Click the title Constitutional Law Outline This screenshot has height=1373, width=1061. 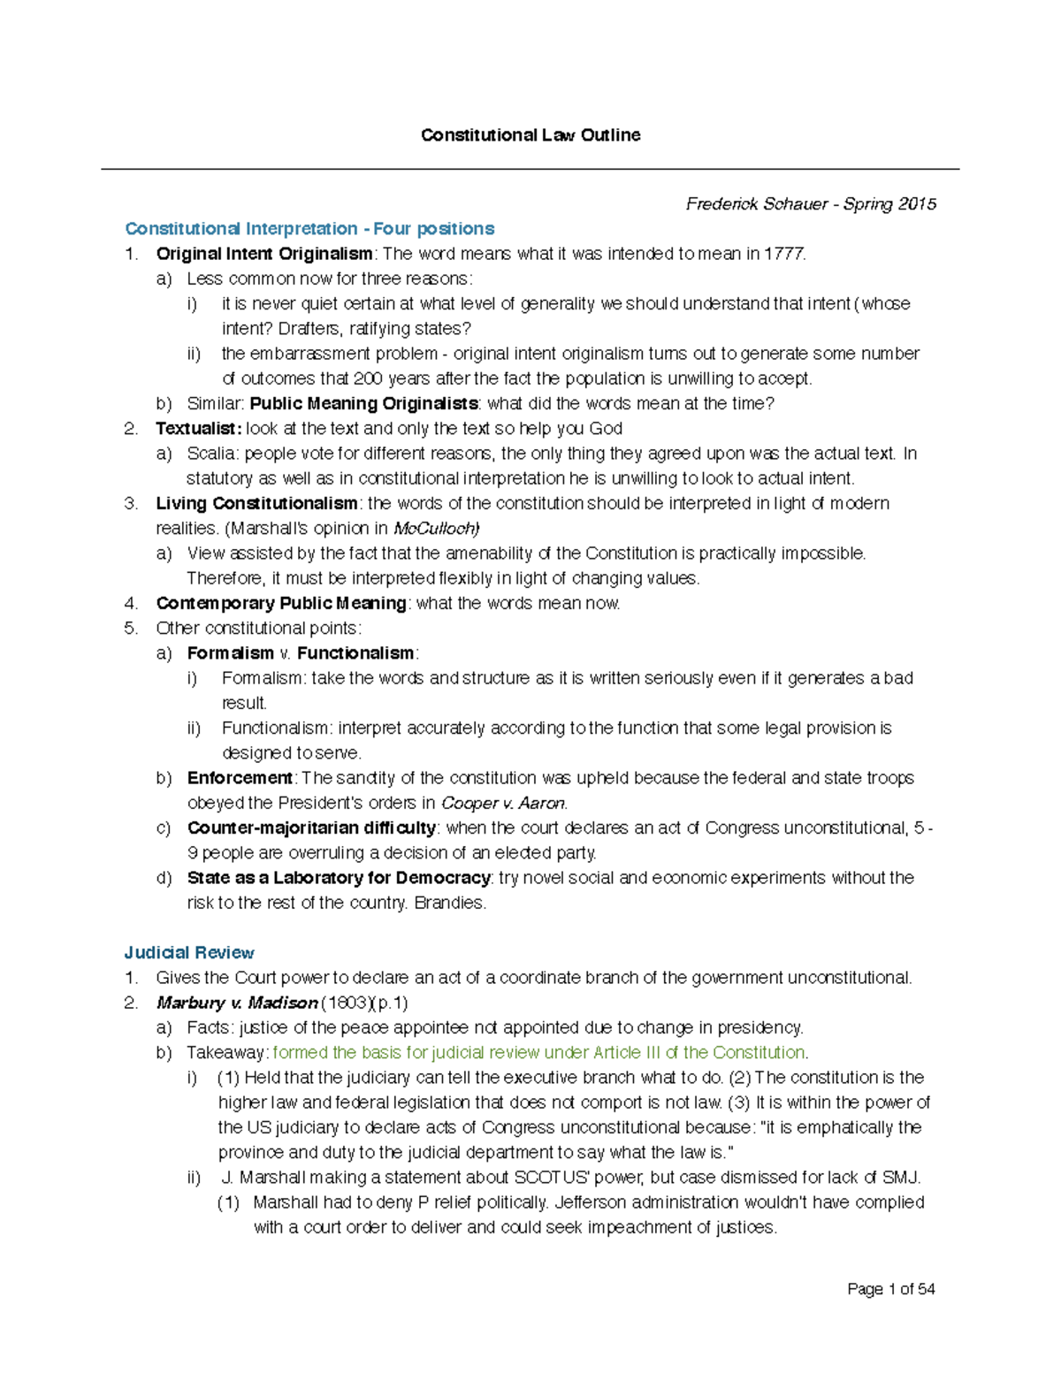tap(530, 135)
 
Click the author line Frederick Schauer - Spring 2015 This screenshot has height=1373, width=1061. tap(810, 204)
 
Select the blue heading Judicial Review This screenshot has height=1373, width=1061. tap(189, 953)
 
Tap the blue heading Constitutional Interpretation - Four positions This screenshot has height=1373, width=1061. tap(309, 229)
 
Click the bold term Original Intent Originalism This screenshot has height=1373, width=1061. tap(263, 254)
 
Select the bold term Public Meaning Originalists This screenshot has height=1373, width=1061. tap(363, 404)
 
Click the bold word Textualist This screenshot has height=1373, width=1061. tap(197, 429)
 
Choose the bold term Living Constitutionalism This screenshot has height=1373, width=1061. tap(256, 504)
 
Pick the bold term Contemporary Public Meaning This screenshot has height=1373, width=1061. tap(280, 604)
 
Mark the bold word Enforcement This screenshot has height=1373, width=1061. tap(240, 778)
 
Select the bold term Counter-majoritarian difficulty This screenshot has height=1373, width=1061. tap(311, 828)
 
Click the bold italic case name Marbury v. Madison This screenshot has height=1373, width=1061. tap(237, 1003)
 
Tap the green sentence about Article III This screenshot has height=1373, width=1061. tap(539, 1053)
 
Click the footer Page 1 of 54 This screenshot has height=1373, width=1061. tap(890, 1290)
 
